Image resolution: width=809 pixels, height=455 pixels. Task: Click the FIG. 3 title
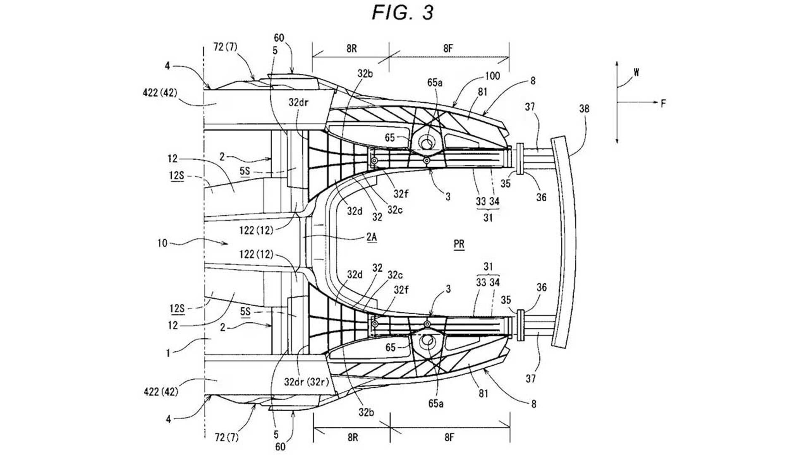point(402,13)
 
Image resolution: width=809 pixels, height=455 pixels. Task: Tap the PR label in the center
point(459,244)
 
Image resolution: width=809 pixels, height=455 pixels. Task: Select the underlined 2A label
point(371,237)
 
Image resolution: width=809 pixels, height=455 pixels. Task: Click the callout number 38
point(584,109)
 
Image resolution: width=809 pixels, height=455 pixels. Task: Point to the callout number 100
point(493,76)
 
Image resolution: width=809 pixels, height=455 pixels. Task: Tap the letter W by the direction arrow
point(636,72)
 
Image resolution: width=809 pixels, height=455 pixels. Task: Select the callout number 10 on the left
point(162,243)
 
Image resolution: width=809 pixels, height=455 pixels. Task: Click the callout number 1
point(168,353)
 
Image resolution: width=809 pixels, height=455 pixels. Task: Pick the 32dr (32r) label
point(306,382)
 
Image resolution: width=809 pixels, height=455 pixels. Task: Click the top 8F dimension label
point(448,48)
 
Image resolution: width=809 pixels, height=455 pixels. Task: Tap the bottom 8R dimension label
point(353,437)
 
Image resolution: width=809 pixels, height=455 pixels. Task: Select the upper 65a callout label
point(435,83)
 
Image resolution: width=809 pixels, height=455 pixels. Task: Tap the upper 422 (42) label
point(161,92)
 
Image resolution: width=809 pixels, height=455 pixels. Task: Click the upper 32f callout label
point(401,194)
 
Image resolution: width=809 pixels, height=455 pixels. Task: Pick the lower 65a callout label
point(436,403)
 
